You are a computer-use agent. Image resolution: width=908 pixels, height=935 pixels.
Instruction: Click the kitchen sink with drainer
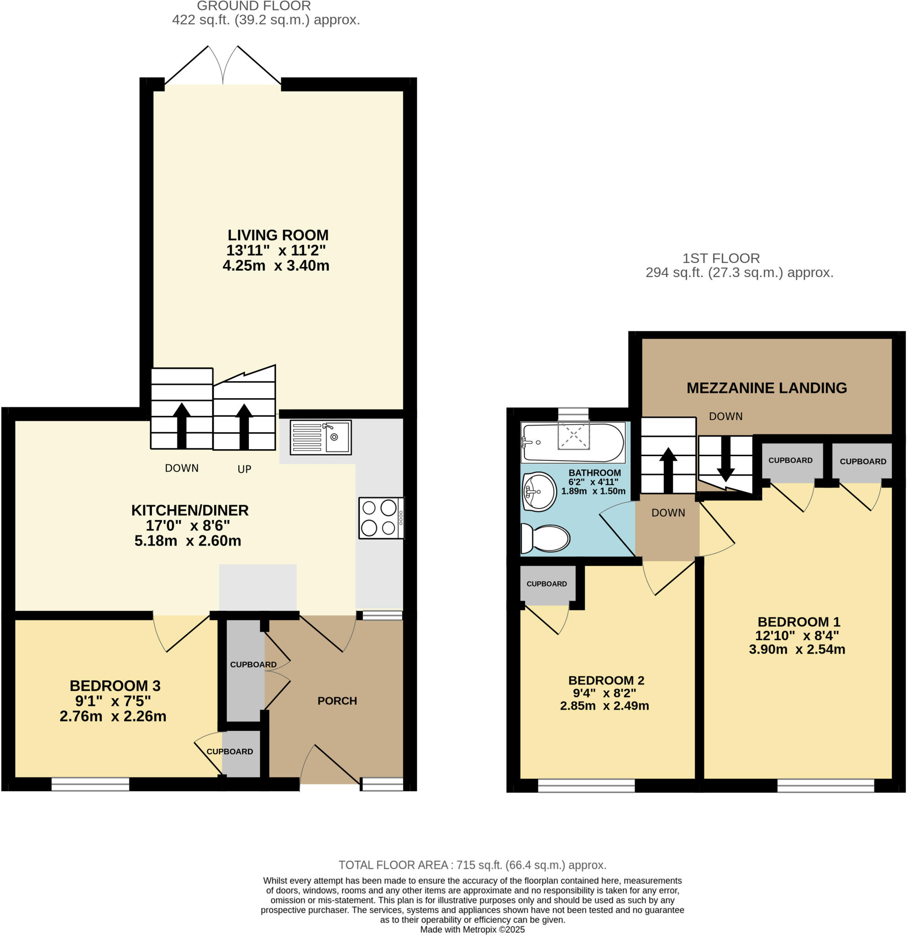320,437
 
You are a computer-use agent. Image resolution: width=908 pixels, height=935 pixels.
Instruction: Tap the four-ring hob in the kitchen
381,518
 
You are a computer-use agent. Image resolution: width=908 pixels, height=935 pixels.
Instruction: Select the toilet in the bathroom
546,539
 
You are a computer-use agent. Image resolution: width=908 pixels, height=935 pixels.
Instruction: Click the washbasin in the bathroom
540,491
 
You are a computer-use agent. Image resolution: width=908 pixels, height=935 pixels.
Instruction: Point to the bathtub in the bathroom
573,442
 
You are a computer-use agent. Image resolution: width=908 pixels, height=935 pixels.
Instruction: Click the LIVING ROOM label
278,235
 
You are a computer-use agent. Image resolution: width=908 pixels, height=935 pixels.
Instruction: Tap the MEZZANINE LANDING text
766,388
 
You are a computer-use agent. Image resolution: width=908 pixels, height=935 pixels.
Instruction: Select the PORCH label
337,701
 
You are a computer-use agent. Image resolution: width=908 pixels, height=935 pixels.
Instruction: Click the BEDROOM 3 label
115,686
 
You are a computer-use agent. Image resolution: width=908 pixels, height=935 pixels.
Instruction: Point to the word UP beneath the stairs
244,469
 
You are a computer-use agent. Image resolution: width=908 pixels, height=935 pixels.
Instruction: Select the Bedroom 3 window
90,784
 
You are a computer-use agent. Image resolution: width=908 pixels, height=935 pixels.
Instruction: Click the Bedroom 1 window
825,786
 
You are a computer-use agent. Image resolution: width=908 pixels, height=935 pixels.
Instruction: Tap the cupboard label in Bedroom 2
546,584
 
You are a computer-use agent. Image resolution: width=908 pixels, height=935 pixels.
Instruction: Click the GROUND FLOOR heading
254,6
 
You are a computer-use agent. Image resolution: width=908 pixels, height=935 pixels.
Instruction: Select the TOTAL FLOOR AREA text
472,865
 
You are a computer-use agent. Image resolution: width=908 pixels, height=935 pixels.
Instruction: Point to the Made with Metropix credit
472,929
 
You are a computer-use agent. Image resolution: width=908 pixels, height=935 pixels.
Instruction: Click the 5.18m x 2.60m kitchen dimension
188,541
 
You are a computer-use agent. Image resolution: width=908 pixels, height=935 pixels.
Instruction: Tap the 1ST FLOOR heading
720,258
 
